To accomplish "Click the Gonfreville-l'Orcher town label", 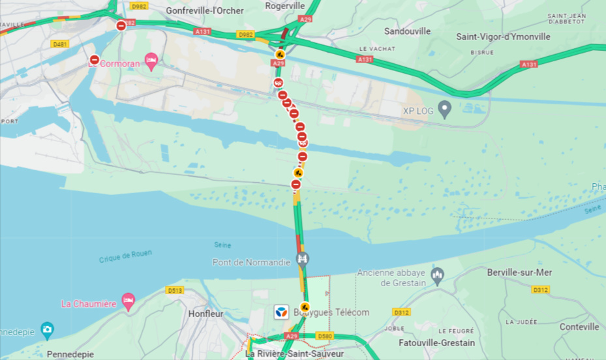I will (x=204, y=10).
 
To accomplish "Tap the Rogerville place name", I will (x=285, y=6).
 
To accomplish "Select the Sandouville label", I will (x=407, y=31).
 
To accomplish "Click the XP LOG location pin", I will (x=445, y=109).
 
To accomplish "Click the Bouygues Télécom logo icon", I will (x=281, y=312).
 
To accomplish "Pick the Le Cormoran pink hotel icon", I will (x=151, y=62).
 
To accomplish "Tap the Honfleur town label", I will (x=205, y=314).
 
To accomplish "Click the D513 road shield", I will (x=174, y=290).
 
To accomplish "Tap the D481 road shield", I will (x=59, y=44).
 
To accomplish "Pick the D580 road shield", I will (x=324, y=335).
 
